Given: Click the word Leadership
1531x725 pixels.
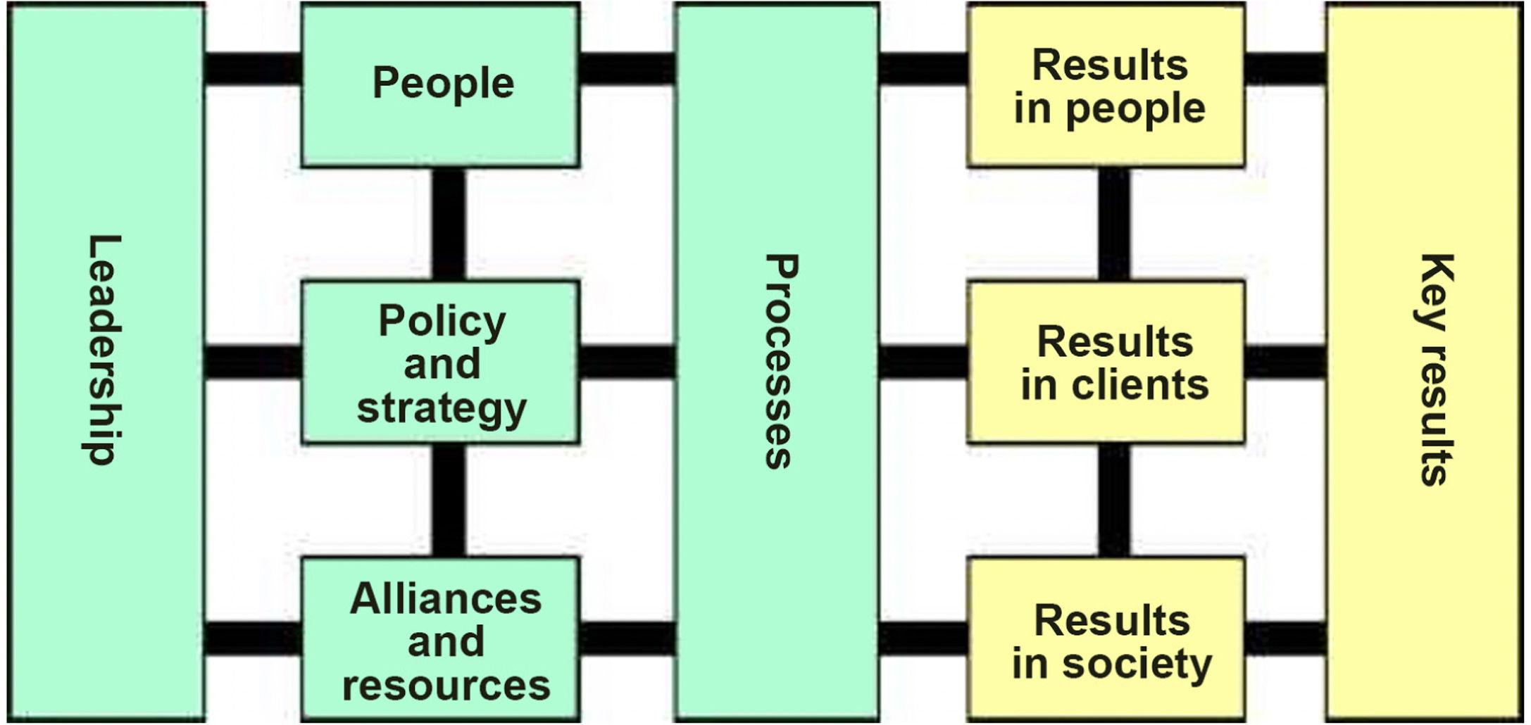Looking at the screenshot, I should click(104, 350).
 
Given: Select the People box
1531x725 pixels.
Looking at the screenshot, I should click(441, 84).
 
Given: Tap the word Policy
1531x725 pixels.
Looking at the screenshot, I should click(442, 322).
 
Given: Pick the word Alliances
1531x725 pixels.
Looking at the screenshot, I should click(446, 600).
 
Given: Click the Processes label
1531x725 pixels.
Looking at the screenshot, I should click(780, 361).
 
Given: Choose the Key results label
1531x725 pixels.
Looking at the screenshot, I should click(1435, 369).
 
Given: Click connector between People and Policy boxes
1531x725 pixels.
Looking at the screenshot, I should click(449, 224).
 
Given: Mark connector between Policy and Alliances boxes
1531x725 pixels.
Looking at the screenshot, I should click(449, 500).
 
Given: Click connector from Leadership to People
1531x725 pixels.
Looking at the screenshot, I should click(254, 68).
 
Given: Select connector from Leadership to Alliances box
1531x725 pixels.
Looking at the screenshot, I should click(254, 638).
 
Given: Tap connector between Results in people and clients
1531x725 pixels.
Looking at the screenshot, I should click(1114, 224).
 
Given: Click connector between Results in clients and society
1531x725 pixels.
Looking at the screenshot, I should click(1114, 500).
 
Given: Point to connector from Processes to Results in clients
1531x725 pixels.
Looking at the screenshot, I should click(923, 361).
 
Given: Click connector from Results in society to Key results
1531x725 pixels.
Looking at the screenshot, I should click(1286, 638).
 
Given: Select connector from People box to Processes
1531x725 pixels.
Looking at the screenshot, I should click(627, 68).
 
